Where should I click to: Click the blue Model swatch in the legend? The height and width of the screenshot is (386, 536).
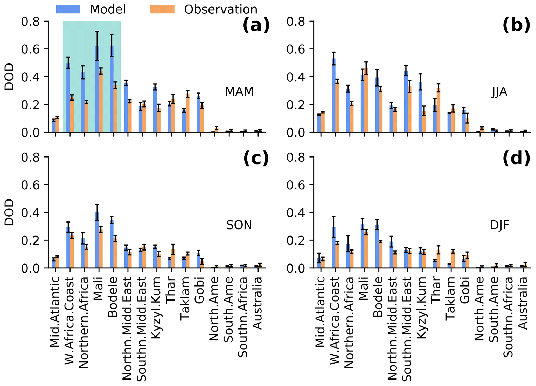click(68, 9)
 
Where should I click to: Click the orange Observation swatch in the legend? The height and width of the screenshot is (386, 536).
click(162, 9)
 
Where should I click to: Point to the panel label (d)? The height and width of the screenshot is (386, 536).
click(516, 159)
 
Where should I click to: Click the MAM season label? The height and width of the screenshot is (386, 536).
click(239, 92)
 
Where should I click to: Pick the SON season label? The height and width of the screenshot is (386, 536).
click(239, 225)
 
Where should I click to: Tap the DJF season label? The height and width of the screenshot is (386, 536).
click(499, 226)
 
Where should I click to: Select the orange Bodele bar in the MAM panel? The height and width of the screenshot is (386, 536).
click(115, 109)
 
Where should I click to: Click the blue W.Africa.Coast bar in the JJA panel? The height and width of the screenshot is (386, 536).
click(334, 96)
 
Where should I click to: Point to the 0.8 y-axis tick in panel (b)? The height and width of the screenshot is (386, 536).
click(296, 22)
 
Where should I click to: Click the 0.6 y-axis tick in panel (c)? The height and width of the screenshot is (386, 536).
click(31, 185)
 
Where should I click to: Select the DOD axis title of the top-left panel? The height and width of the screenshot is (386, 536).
click(9, 77)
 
